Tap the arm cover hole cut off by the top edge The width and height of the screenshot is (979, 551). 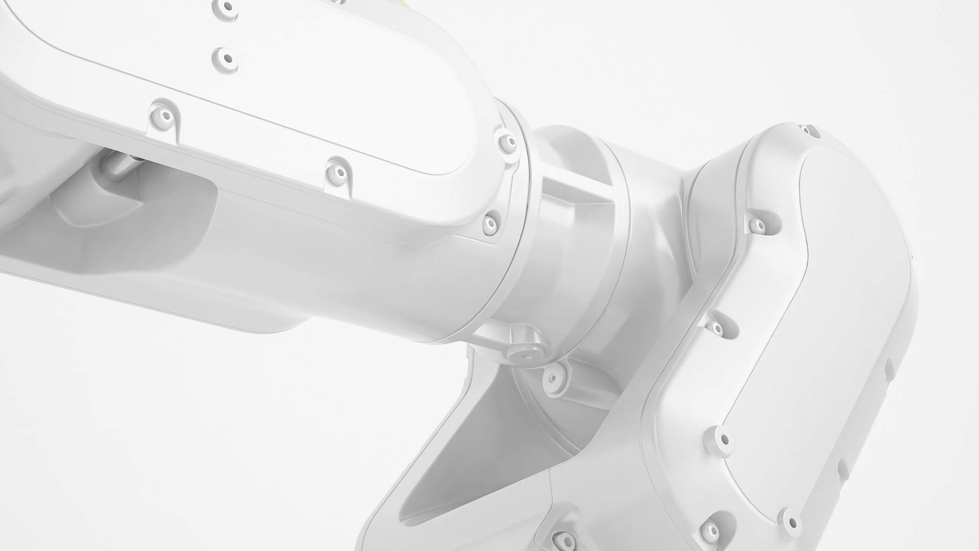tap(225, 6)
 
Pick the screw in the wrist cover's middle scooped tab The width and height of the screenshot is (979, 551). tap(716, 327)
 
